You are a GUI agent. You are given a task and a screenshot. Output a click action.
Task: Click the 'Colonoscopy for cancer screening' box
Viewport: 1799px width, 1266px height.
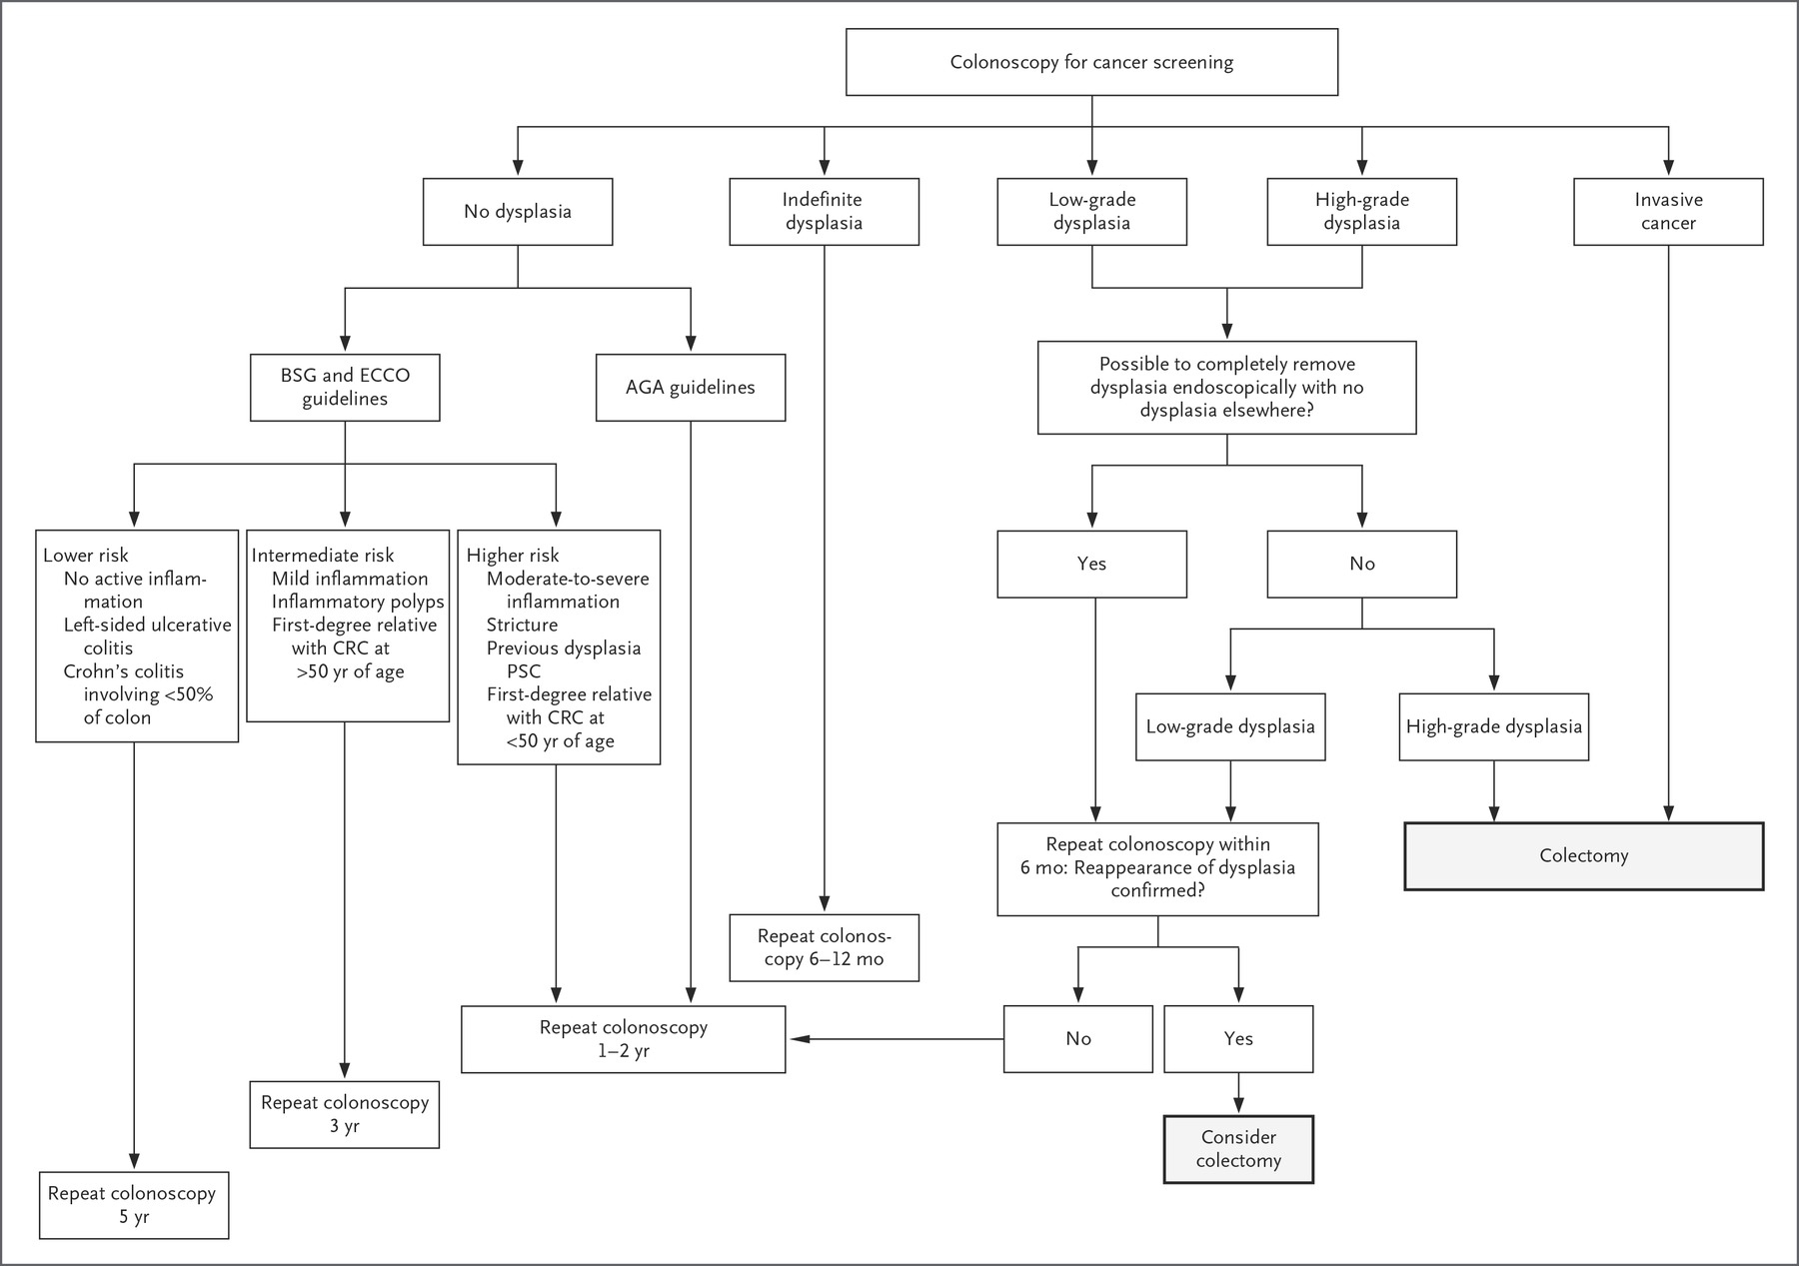coord(1091,62)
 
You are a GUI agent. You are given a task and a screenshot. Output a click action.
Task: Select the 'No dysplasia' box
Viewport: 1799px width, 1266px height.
coord(518,212)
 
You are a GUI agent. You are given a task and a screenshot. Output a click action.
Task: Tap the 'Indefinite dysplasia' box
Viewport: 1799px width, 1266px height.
coord(824,212)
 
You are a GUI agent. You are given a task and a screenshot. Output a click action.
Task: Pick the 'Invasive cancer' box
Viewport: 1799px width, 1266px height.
coord(1668,212)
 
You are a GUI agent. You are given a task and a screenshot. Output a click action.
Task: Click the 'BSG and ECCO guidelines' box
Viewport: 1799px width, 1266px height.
coord(345,387)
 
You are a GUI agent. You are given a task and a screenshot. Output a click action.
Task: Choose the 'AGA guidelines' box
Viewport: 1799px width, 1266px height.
coord(691,387)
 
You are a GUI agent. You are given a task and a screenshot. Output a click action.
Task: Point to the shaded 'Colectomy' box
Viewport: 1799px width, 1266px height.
coord(1584,856)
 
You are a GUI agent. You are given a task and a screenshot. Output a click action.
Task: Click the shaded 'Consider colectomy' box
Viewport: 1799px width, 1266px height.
coord(1238,1149)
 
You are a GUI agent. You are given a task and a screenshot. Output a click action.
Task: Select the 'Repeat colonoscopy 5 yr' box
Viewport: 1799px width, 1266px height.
coord(134,1205)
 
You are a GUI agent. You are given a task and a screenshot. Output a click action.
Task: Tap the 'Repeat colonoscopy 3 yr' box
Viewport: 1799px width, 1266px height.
coord(345,1114)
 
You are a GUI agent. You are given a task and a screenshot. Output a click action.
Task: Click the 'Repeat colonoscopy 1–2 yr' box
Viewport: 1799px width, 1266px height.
coord(624,1039)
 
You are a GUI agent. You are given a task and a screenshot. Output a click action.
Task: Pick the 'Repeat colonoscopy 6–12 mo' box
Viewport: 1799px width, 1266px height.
coord(824,947)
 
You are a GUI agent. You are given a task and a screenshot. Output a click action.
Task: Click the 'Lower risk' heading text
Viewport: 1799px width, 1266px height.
coord(86,556)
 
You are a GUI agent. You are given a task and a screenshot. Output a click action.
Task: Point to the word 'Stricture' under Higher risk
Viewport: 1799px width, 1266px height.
coord(522,625)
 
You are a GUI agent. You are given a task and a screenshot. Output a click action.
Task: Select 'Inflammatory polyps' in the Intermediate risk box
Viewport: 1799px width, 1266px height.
coord(358,602)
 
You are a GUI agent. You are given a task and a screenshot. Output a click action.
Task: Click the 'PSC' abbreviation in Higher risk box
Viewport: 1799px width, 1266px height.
coord(524,671)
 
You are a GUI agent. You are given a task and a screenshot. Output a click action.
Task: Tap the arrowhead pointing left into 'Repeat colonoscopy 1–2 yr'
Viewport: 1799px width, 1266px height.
coord(797,1039)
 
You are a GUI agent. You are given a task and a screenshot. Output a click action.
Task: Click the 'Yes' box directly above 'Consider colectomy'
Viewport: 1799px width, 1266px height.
coord(1238,1039)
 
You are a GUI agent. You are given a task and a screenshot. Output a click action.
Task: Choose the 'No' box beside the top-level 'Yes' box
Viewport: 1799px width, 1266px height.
coord(1362,564)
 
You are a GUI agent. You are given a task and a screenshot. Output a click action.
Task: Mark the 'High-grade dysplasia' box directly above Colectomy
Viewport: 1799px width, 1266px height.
coord(1494,726)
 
